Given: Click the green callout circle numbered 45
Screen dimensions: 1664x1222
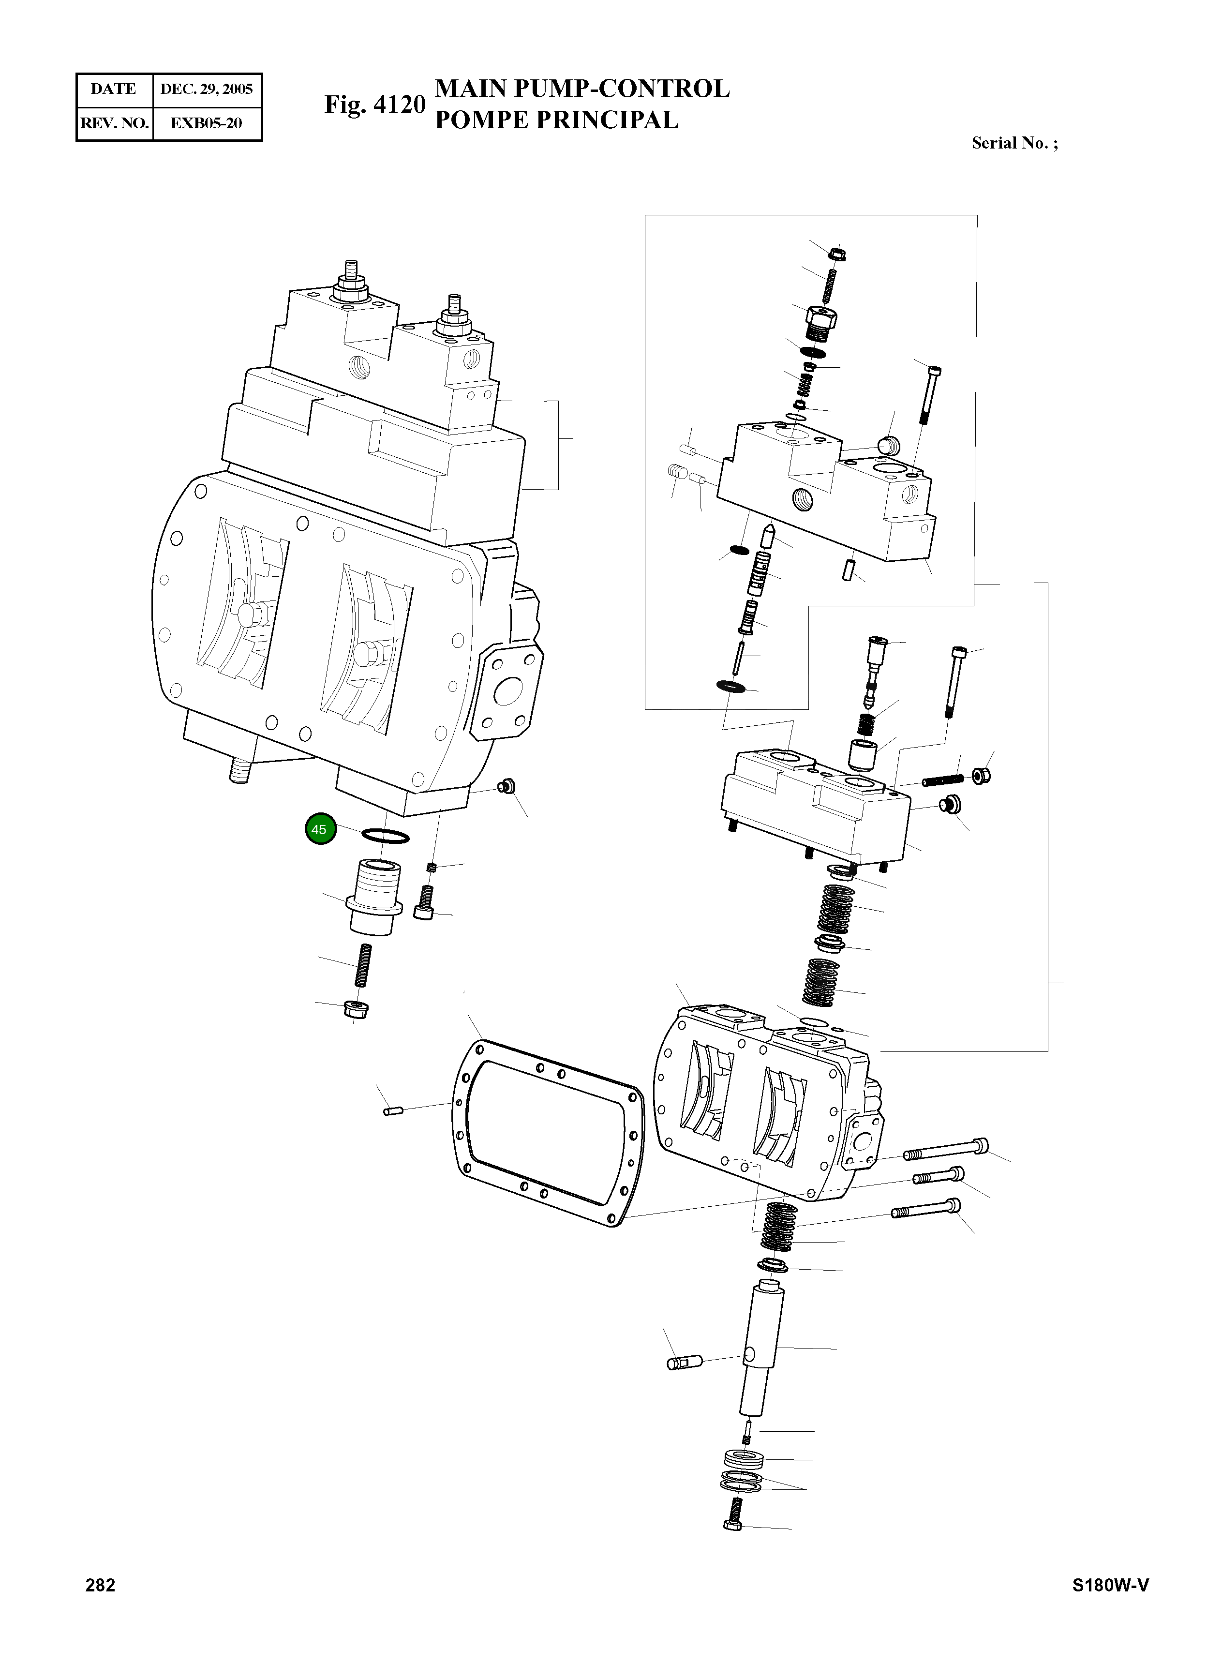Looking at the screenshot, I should click(320, 829).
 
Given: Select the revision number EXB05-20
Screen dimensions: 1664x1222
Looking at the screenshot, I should click(207, 123).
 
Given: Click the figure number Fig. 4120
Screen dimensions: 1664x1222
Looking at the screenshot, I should click(375, 105).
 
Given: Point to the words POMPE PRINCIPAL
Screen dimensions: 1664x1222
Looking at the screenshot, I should click(556, 120).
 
